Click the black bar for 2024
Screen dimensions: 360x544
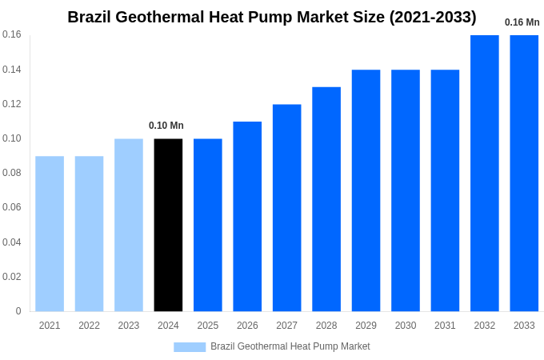168,225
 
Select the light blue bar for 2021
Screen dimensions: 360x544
50,234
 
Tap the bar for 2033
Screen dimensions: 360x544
524,173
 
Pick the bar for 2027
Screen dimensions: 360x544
286,208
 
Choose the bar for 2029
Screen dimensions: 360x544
366,190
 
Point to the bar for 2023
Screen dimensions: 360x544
129,225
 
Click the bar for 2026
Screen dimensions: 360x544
247,216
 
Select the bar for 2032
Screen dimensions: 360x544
484,173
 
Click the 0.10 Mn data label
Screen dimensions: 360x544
166,126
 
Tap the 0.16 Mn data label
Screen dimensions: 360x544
522,22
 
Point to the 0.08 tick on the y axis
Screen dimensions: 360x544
12,173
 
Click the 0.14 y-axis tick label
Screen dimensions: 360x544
12,70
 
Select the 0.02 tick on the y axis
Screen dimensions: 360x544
12,277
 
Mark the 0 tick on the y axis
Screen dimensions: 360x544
18,311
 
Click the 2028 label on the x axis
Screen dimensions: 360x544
326,326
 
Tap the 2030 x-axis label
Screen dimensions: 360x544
406,326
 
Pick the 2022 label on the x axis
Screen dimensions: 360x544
89,326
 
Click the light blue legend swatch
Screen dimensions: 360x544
190,347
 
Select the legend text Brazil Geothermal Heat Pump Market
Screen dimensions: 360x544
290,346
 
